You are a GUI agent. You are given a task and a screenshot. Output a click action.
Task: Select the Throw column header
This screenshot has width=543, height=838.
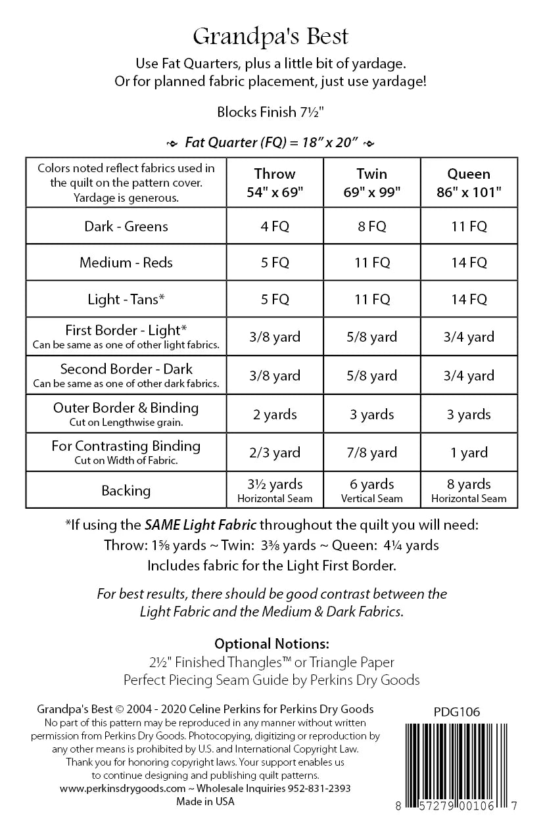pos(274,183)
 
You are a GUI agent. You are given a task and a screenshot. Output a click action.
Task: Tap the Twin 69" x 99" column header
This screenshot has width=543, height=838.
pos(371,183)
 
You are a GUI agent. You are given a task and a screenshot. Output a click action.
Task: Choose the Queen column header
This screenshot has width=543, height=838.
pos(469,183)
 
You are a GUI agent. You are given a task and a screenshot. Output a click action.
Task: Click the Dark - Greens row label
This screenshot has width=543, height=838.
pos(126,226)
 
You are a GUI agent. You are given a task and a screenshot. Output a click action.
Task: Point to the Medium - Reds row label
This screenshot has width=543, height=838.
pos(126,262)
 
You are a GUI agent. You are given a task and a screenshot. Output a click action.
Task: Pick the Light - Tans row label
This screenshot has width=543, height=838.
pos(126,299)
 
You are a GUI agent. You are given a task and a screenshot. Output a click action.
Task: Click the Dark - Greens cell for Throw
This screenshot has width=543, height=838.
pos(274,226)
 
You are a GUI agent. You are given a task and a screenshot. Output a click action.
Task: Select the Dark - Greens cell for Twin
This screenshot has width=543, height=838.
pos(371,226)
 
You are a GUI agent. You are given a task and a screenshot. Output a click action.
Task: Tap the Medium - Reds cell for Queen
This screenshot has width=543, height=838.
pos(469,262)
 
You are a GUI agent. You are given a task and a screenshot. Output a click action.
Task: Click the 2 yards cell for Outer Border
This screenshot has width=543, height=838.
pos(274,414)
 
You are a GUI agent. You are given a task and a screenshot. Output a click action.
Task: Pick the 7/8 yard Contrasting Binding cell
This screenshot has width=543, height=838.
pos(371,452)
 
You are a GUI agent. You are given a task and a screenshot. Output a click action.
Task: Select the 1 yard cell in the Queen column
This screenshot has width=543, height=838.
pos(469,452)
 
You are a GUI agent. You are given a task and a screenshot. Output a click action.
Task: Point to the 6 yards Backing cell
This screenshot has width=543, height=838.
pos(371,490)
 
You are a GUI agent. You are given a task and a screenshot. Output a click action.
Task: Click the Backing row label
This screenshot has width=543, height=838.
pos(126,490)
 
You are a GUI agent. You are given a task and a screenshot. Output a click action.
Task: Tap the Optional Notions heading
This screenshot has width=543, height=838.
pos(271,643)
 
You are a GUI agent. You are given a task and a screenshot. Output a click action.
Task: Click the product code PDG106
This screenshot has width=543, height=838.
pos(457,711)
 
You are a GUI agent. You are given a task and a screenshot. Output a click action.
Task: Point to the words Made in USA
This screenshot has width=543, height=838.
pos(205,801)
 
